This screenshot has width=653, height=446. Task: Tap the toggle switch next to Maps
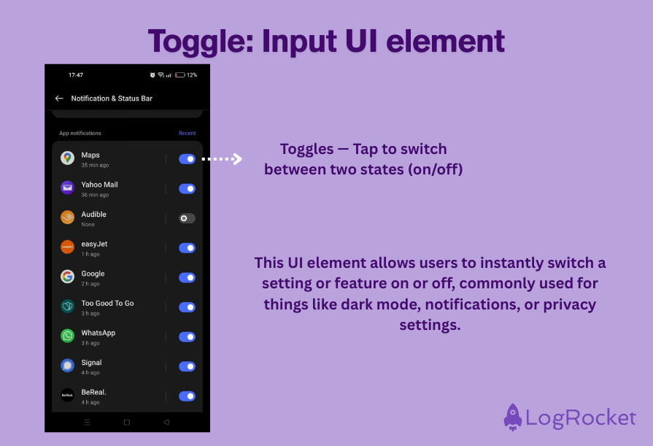click(187, 158)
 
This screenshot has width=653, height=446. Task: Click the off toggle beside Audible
click(187, 218)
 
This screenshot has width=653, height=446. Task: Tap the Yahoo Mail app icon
click(67, 188)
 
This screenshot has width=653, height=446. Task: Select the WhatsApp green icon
click(67, 336)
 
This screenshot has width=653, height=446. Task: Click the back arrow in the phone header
click(59, 99)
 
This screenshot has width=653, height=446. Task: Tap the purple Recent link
click(187, 134)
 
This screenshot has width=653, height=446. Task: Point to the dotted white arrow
click(221, 158)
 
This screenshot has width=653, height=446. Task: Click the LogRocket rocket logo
click(513, 417)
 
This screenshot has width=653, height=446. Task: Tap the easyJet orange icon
click(67, 247)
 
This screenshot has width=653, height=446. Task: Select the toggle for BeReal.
click(187, 396)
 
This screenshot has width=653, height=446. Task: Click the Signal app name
click(91, 363)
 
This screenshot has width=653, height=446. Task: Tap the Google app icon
click(67, 277)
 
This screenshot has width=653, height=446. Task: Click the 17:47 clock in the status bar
click(75, 75)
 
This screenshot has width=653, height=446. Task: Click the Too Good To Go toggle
click(187, 307)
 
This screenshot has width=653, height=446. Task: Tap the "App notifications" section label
click(80, 134)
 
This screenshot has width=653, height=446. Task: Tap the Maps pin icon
click(67, 158)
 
